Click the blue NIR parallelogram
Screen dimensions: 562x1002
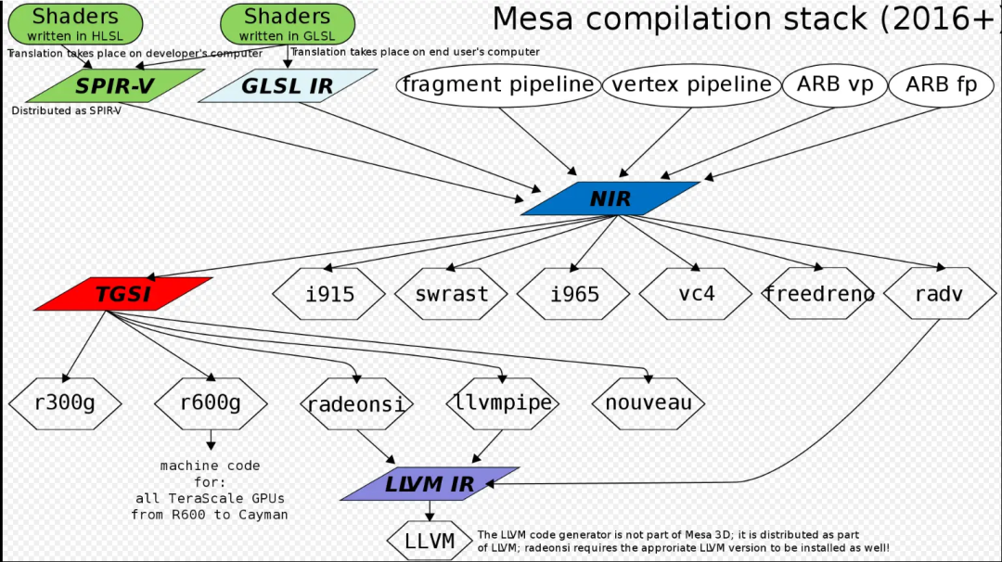click(x=610, y=198)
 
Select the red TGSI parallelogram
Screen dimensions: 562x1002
click(x=123, y=294)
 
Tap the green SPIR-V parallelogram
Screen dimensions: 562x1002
click(x=116, y=86)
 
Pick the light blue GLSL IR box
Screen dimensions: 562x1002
click(x=288, y=86)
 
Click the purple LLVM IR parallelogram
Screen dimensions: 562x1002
click(x=430, y=483)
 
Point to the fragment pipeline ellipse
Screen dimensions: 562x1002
click(x=498, y=85)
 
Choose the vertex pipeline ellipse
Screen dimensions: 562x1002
click(x=691, y=85)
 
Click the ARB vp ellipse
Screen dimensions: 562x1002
click(x=835, y=85)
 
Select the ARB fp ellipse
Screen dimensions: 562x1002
click(x=941, y=85)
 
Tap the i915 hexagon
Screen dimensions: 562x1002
click(x=329, y=294)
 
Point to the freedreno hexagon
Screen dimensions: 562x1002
click(x=818, y=294)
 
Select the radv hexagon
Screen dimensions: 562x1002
click(x=939, y=294)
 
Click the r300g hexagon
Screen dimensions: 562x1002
click(x=65, y=403)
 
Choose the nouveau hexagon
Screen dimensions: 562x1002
click(x=649, y=403)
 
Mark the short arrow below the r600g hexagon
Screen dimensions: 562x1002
click(x=212, y=440)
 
